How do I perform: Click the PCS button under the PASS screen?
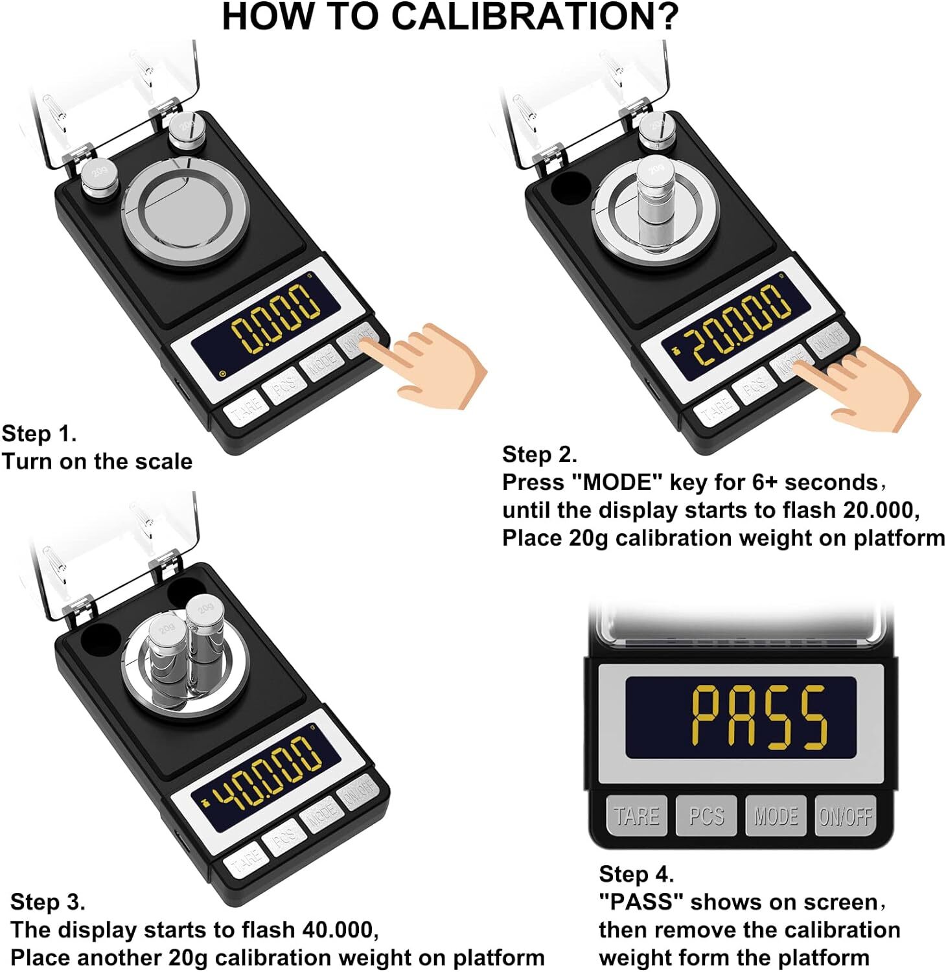(706, 816)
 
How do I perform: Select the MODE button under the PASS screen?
(776, 816)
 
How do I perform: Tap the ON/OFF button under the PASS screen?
(845, 816)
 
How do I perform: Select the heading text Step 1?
(39, 434)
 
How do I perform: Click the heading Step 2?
(539, 454)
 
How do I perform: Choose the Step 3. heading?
(47, 901)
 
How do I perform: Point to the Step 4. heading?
(636, 874)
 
